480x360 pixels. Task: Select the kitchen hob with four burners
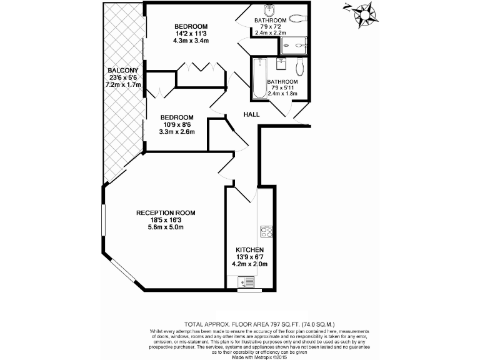click(x=266, y=231)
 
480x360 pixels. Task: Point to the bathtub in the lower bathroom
click(x=259, y=79)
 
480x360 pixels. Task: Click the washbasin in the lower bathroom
click(x=279, y=64)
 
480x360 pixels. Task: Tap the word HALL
click(x=252, y=114)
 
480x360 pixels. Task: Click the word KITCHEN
click(x=249, y=249)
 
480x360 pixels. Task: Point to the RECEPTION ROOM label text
click(x=161, y=213)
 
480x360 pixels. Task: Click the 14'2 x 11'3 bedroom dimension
click(x=191, y=34)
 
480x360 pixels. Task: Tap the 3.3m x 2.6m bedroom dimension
click(x=177, y=132)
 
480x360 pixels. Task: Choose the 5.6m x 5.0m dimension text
click(x=161, y=227)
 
